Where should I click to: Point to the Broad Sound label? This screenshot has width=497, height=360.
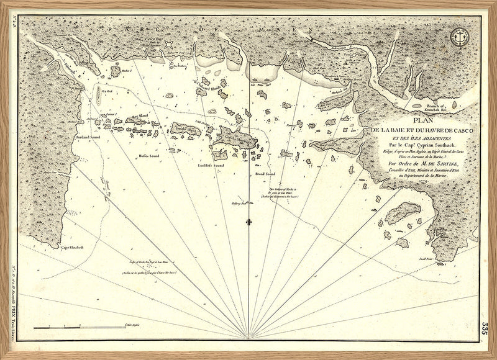point(266,175)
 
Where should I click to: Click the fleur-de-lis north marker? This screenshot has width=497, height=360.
point(248,222)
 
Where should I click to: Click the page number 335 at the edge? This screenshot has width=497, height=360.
point(483,327)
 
